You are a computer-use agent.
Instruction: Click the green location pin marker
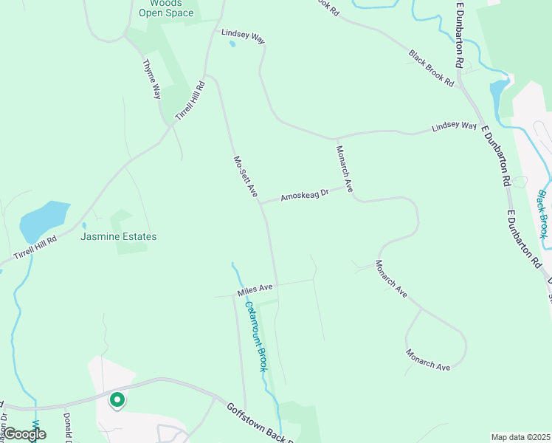point(117,400)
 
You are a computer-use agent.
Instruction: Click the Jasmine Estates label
point(119,237)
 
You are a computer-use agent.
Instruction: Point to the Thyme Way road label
point(151,79)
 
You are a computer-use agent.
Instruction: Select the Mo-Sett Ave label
point(245,176)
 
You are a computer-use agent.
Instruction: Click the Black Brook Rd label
point(432,68)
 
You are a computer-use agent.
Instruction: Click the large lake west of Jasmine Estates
point(43,221)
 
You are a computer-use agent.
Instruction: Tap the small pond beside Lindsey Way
point(232,44)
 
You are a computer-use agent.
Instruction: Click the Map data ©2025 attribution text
point(521,437)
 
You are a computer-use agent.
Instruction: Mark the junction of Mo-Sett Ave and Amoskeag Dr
point(261,204)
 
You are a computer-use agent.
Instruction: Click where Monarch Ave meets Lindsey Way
point(337,138)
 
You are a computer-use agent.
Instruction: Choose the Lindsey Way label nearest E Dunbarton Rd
point(454,127)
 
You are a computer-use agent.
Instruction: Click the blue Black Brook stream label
point(542,214)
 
